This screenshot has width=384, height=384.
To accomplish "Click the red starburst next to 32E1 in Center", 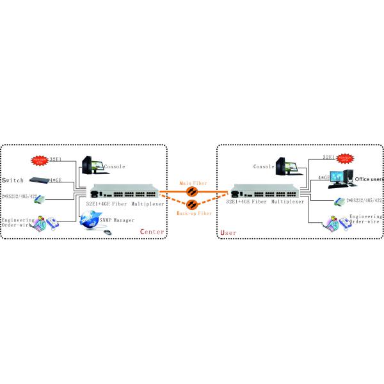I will point(40,157).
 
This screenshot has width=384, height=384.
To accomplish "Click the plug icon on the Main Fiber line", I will point(190,191).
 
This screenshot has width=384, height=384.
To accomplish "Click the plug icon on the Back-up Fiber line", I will point(190,204).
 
